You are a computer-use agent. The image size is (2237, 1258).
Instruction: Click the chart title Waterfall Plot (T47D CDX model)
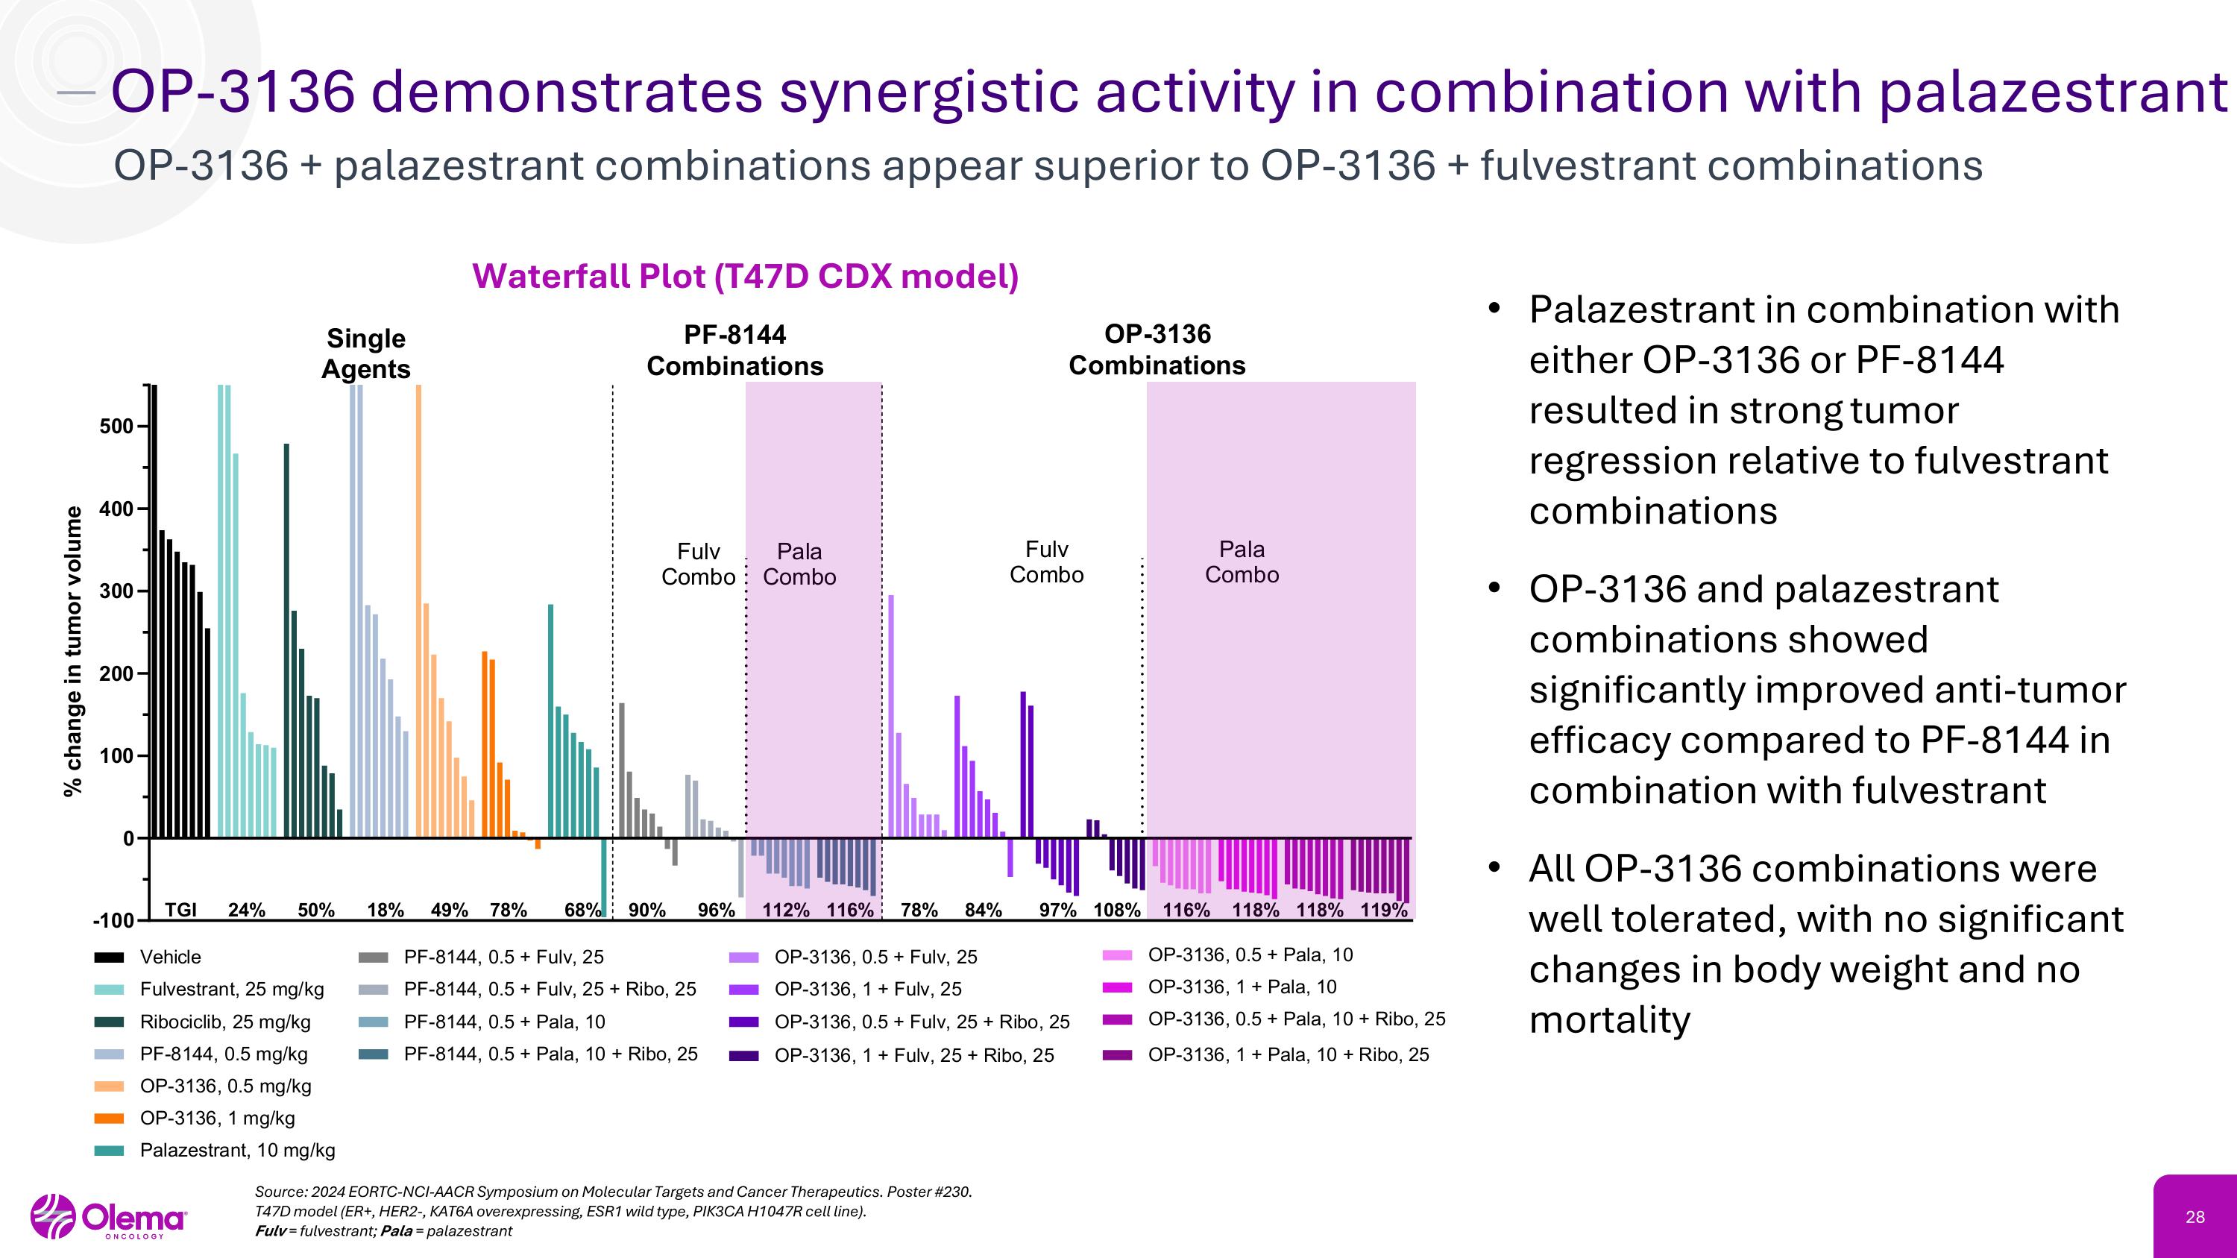coord(745,276)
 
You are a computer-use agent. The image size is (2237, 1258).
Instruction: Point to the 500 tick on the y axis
coord(116,427)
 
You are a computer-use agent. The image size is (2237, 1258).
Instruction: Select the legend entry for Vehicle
coord(170,957)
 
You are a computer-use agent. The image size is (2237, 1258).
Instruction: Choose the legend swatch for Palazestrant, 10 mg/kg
coord(110,1151)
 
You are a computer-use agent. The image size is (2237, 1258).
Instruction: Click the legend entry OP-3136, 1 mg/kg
coord(217,1119)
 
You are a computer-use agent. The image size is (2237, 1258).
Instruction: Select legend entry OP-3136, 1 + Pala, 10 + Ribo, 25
coord(1288,1055)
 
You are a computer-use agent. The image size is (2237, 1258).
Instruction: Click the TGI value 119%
coord(1383,910)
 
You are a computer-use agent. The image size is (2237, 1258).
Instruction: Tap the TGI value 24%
coord(247,910)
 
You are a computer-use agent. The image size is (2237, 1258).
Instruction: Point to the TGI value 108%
coord(1116,910)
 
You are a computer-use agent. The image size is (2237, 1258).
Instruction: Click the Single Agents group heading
coord(365,353)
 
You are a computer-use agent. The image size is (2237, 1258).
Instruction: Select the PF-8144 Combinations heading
coord(734,350)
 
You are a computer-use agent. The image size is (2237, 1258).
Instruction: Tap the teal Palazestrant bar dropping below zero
coord(603,877)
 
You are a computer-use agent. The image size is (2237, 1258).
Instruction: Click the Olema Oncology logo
coord(110,1217)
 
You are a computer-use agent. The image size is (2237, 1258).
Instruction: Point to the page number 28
coord(2194,1217)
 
